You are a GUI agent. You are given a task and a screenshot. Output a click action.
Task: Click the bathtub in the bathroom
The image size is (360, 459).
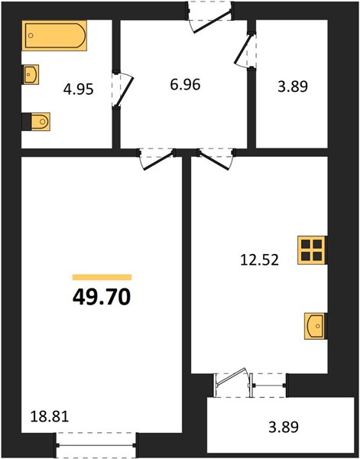[x=54, y=35]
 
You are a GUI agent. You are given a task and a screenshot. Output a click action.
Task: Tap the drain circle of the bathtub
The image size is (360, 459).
[x=31, y=35]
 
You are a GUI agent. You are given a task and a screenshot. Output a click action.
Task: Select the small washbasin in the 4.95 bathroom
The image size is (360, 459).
[x=31, y=75]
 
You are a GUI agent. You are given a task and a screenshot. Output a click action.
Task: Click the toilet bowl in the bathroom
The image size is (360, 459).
[x=41, y=122]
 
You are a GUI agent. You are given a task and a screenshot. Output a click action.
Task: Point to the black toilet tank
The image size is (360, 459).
[x=26, y=122]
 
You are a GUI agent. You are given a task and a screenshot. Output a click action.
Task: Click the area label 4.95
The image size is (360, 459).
[x=79, y=90]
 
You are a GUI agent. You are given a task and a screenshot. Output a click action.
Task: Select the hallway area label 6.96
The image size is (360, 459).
[x=185, y=85]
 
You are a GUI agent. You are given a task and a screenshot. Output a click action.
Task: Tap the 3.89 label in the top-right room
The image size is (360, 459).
[x=293, y=86]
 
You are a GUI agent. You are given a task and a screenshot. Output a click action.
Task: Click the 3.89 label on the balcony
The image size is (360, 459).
[x=284, y=427]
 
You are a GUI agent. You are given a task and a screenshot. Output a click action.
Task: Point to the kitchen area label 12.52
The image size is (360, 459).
[x=259, y=259]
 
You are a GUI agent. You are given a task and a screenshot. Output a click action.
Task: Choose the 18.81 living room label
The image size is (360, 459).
[x=50, y=416]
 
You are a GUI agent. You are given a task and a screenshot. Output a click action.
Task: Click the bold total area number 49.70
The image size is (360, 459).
[x=101, y=297]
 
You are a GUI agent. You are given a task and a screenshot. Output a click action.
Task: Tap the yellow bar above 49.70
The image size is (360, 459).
[x=102, y=277]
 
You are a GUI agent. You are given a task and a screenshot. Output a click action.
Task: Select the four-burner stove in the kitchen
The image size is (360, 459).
[x=312, y=250]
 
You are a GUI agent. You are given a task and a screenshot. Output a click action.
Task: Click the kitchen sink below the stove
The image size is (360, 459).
[x=315, y=326]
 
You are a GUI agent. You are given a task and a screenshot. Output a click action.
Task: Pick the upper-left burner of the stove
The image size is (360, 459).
[x=306, y=244]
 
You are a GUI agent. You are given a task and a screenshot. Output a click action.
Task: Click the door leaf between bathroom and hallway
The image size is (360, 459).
[x=125, y=91]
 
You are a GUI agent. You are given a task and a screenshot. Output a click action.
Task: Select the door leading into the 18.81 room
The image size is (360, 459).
[x=158, y=161]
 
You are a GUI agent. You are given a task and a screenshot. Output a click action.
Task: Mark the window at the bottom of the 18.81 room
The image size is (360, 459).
[x=96, y=445]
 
